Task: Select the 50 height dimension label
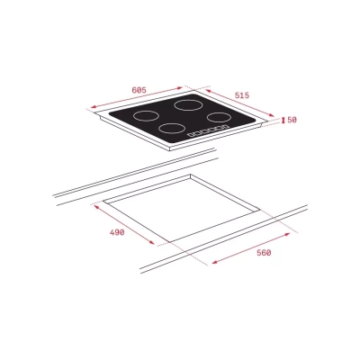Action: point(293,120)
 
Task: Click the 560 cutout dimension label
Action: point(263,253)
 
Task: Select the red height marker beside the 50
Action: point(284,120)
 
